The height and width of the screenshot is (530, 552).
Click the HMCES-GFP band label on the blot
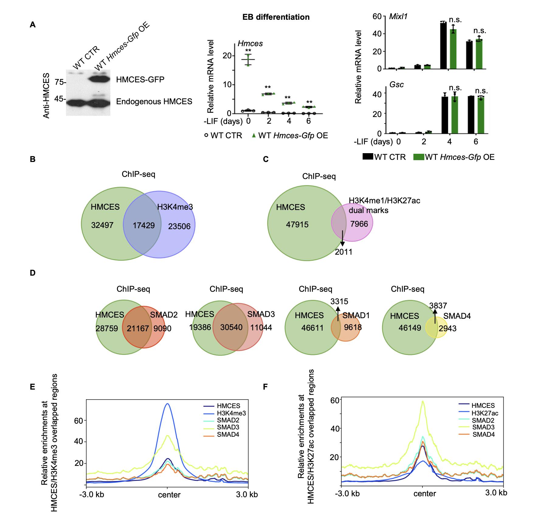point(140,80)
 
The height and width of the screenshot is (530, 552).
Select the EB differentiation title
point(276,17)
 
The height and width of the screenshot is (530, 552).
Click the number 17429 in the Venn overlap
point(144,225)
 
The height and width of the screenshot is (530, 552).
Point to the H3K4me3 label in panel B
point(175,207)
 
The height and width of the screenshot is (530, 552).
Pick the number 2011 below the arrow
point(343,252)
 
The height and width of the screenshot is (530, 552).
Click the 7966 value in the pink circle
point(359,224)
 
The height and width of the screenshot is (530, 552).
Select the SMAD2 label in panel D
point(164,315)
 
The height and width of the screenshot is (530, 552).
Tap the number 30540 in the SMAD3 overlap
point(231,327)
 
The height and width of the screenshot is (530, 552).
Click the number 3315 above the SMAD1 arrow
point(339,301)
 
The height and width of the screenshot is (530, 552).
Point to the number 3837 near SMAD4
point(438,306)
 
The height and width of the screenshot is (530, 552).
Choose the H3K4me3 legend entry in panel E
point(231,413)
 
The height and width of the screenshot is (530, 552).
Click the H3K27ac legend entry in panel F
point(485,413)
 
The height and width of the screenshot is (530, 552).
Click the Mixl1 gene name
point(398,16)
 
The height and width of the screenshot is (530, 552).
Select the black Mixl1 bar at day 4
point(443,46)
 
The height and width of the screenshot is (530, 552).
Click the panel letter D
point(33,273)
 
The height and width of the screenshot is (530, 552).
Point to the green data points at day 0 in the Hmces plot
point(249,60)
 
